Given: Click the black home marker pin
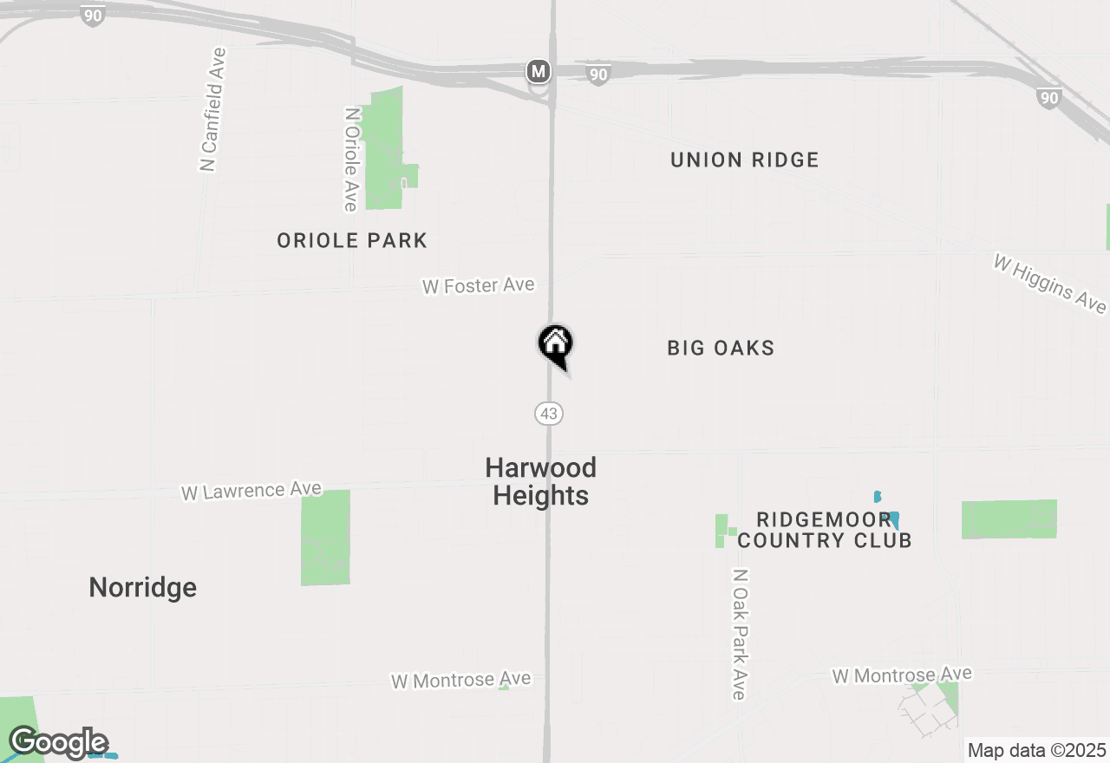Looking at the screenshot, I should (x=555, y=344).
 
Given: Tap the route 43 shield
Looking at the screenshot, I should (x=549, y=414).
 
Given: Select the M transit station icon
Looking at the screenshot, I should (x=539, y=71).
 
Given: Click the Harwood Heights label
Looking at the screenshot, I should (x=540, y=481).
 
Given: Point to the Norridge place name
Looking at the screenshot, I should (x=143, y=587).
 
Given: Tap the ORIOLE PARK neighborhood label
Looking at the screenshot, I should (x=352, y=240).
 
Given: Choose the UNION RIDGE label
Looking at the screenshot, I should (x=744, y=160).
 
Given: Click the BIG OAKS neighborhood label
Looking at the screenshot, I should (x=721, y=348).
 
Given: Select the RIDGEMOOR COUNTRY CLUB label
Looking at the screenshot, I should (x=824, y=530).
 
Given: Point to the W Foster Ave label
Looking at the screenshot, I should (x=478, y=285).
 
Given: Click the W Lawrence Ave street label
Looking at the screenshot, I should (x=251, y=491).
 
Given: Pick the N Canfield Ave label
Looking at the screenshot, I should (x=212, y=109).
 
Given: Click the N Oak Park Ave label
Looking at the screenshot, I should (x=739, y=634).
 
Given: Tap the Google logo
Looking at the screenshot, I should (x=58, y=743).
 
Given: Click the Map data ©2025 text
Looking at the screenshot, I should (x=1036, y=750).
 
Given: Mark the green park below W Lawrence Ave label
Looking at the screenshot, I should (x=326, y=538).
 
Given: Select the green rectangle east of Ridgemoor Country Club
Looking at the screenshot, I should (x=1009, y=519).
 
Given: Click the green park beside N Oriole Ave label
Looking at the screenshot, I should (x=384, y=147).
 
